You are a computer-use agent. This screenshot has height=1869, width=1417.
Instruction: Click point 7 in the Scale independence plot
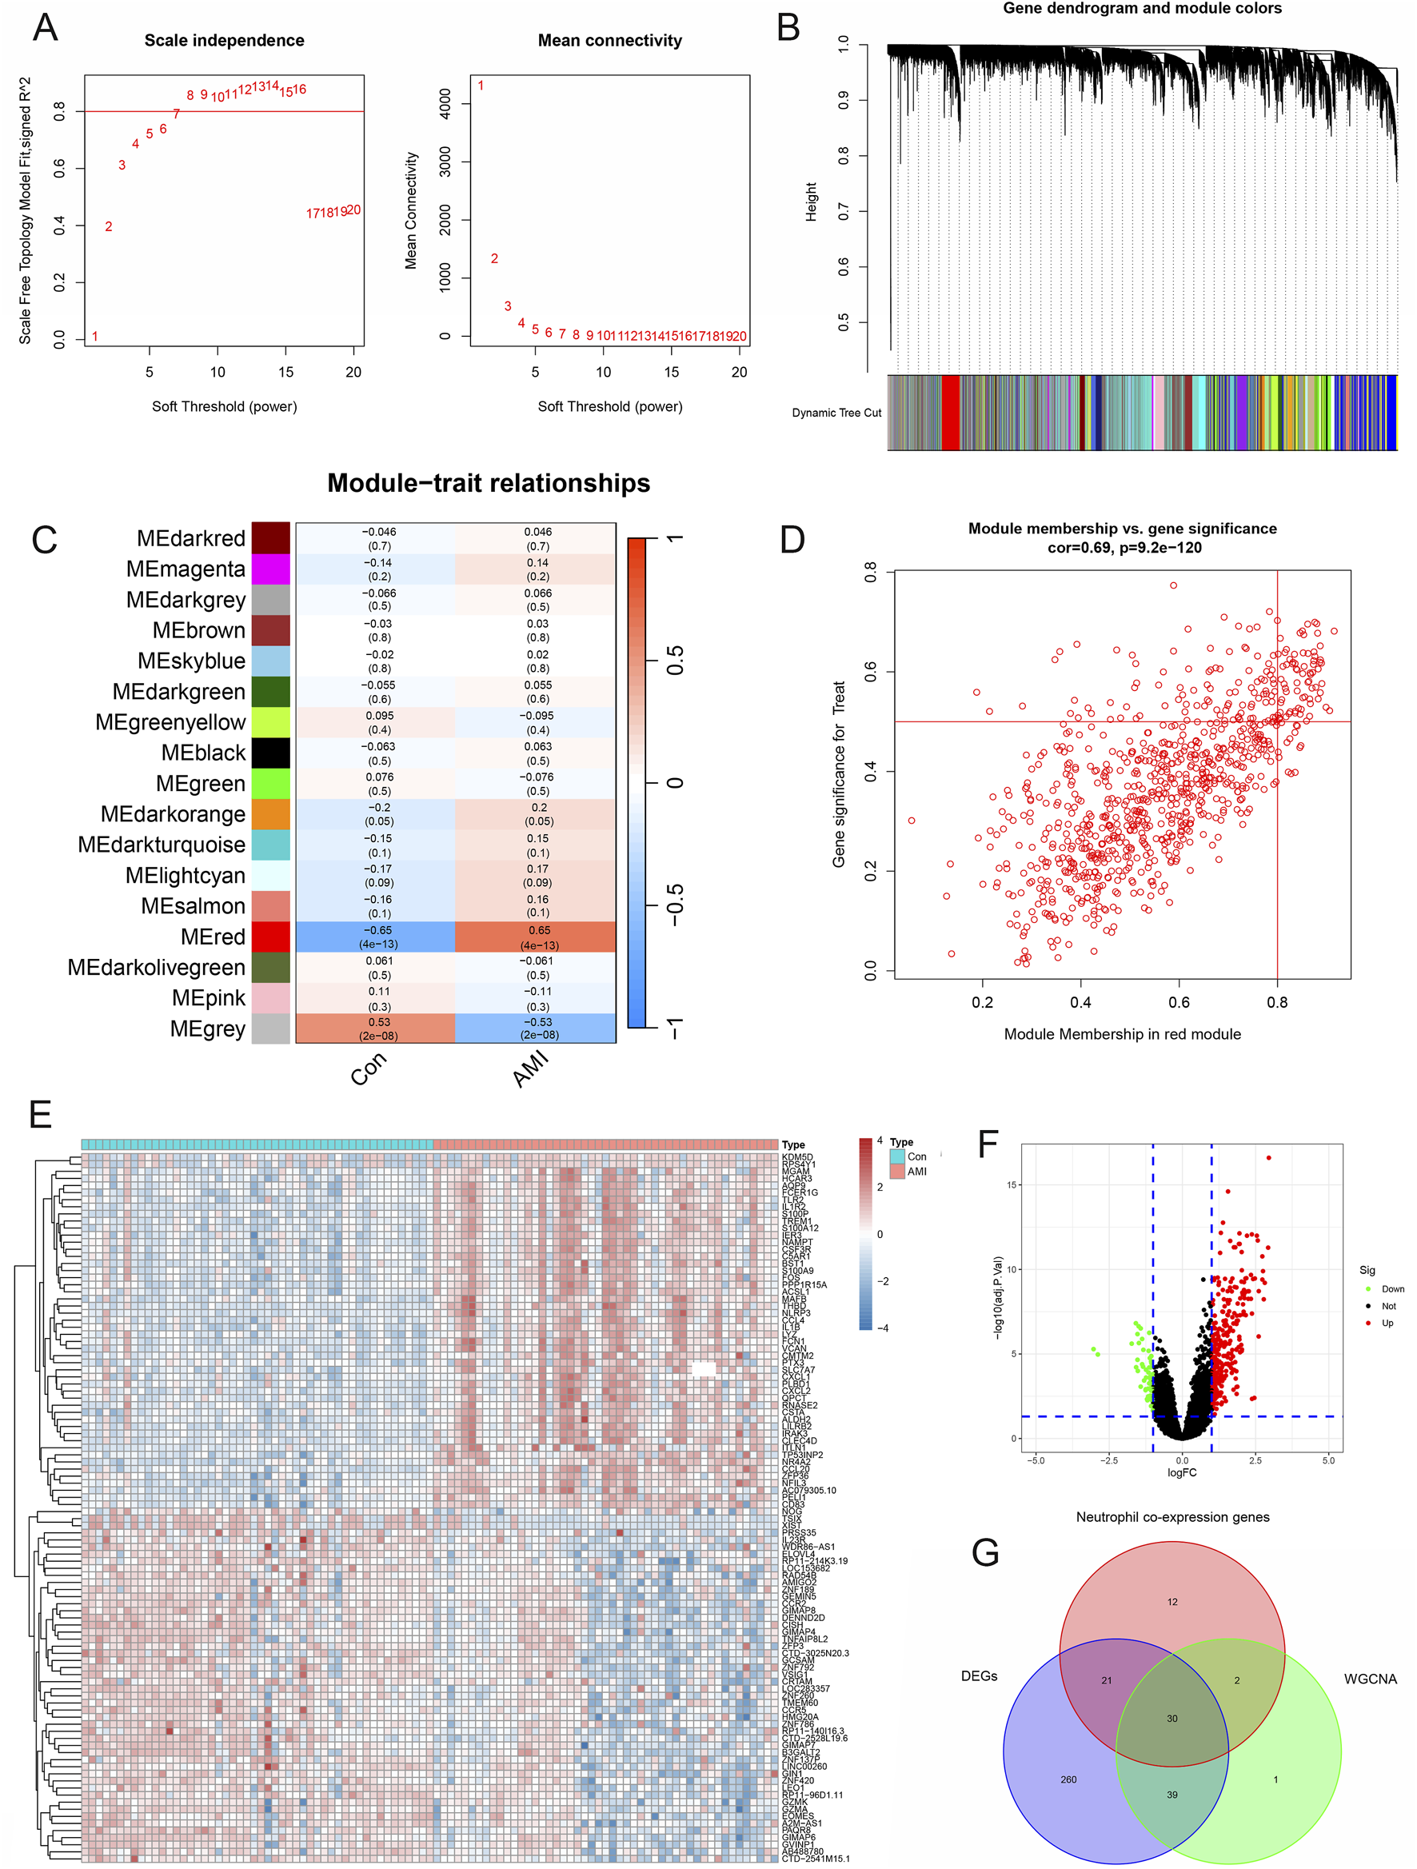coord(176,114)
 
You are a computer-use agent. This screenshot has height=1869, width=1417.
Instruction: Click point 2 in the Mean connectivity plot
coord(494,258)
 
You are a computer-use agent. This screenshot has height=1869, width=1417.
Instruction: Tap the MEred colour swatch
coord(270,936)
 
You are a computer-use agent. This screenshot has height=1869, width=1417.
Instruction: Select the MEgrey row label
coord(207,1029)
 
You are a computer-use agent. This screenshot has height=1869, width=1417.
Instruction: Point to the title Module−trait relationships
coord(489,483)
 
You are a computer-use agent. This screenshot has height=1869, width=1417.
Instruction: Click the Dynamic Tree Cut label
coord(836,413)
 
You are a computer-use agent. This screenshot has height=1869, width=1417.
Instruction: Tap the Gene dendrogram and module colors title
coord(1142,9)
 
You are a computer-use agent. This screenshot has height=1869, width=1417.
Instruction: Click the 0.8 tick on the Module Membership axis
coord(1277,1002)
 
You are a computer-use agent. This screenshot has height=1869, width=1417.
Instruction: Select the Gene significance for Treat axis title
coord(838,774)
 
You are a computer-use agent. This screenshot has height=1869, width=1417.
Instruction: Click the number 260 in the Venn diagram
coord(1068,1779)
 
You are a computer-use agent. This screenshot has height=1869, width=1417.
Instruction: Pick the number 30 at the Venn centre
coord(1172,1719)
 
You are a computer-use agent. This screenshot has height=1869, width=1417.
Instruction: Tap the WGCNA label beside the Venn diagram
coord(1370,1679)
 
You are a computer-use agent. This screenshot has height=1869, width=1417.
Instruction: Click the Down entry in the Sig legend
coord(1391,1288)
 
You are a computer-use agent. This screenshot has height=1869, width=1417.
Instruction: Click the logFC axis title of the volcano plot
coord(1181,1472)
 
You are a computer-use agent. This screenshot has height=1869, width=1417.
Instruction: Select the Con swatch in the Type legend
coord(896,1156)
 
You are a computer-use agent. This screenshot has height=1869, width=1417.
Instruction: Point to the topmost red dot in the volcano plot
coord(1268,1157)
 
